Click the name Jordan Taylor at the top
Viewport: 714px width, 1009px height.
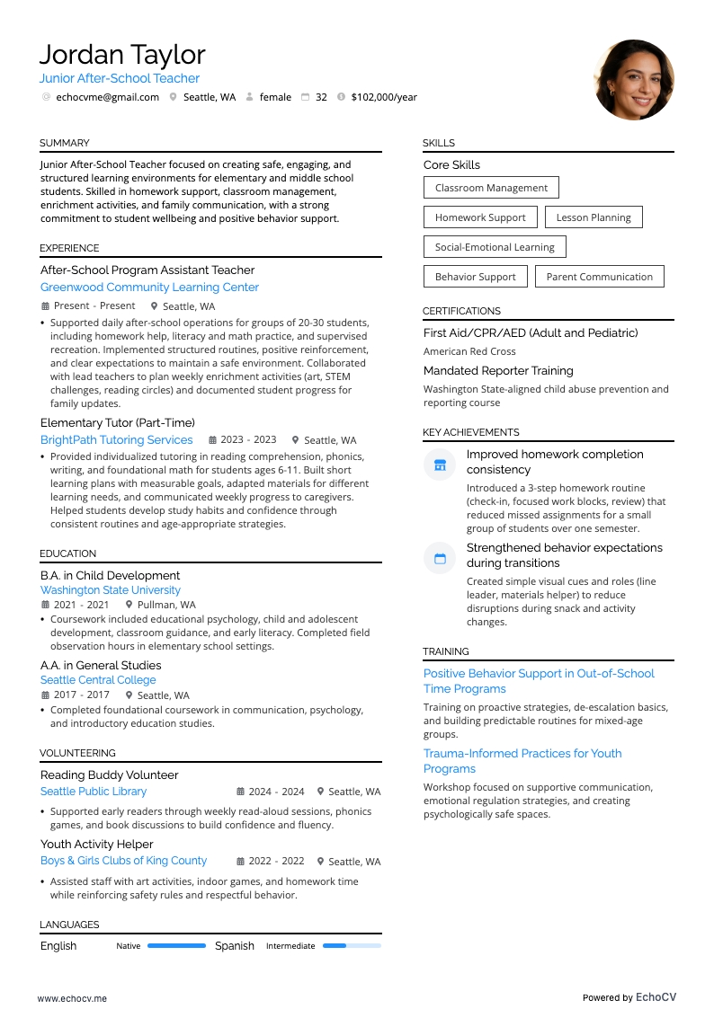[x=122, y=55]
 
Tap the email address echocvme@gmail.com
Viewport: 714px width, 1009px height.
[x=107, y=97]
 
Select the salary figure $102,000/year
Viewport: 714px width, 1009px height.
[x=384, y=97]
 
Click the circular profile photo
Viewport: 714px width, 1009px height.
[x=634, y=79]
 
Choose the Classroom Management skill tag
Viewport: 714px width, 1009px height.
[x=491, y=188]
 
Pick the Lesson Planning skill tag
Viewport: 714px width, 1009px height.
[x=594, y=217]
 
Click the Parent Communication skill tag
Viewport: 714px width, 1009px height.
[x=599, y=277]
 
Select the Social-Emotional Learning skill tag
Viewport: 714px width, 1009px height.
[x=495, y=247]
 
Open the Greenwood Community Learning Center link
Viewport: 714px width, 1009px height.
[x=149, y=288]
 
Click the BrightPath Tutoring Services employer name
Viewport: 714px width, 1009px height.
[x=117, y=440]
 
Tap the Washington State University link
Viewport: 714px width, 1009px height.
[x=111, y=590]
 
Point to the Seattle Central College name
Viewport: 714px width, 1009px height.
[x=98, y=680]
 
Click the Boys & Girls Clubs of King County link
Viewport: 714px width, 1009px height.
[x=123, y=861]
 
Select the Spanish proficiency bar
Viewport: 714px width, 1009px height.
[x=352, y=945]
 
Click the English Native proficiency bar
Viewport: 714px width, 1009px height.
[x=176, y=945]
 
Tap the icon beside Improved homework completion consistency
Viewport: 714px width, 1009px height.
[x=440, y=465]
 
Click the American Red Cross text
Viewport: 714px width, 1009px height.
[x=469, y=351]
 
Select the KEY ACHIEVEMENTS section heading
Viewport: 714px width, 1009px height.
[x=471, y=432]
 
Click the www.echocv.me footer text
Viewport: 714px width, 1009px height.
[x=72, y=997]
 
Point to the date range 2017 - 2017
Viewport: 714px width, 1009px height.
[x=82, y=695]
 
